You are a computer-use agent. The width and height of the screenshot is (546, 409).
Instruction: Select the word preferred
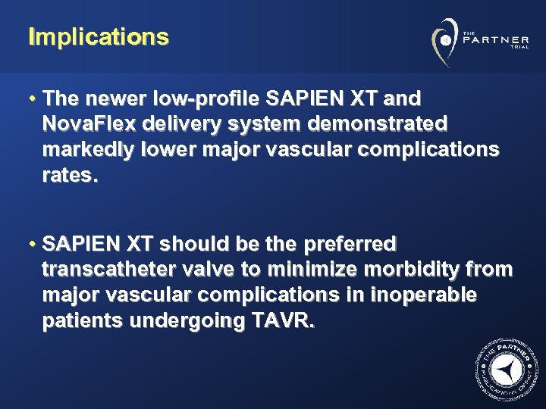[350, 245]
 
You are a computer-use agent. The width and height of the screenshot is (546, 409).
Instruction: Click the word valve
[212, 270]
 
